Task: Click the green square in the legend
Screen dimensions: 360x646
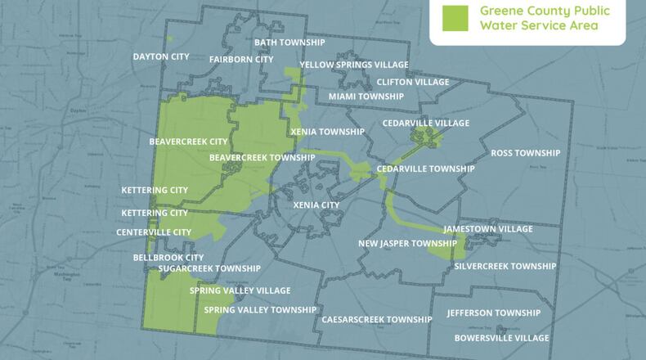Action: [x=454, y=18]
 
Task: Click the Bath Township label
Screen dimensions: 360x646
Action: [x=289, y=42]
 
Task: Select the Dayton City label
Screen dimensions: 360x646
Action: [x=161, y=56]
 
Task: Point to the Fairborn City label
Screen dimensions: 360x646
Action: [x=241, y=59]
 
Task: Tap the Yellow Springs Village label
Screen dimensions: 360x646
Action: [x=354, y=65]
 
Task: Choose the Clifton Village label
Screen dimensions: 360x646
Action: [x=413, y=82]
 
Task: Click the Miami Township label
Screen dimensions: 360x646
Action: [x=366, y=97]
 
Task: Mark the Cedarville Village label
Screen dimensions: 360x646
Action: [x=426, y=123]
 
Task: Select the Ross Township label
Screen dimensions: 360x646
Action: [x=525, y=153]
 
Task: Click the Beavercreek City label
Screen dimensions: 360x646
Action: [x=188, y=142]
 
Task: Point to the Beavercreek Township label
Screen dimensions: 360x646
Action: [x=262, y=157]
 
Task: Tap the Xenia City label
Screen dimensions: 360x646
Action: [x=316, y=205]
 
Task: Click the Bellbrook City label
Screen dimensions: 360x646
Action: [x=168, y=257]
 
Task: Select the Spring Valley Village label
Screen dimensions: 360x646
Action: [x=240, y=290]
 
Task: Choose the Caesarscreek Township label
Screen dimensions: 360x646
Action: [x=377, y=319]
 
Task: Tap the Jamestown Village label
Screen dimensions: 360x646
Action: [x=487, y=229]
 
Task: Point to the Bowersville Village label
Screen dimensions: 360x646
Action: [x=501, y=338]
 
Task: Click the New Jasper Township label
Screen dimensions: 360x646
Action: [x=407, y=244]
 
